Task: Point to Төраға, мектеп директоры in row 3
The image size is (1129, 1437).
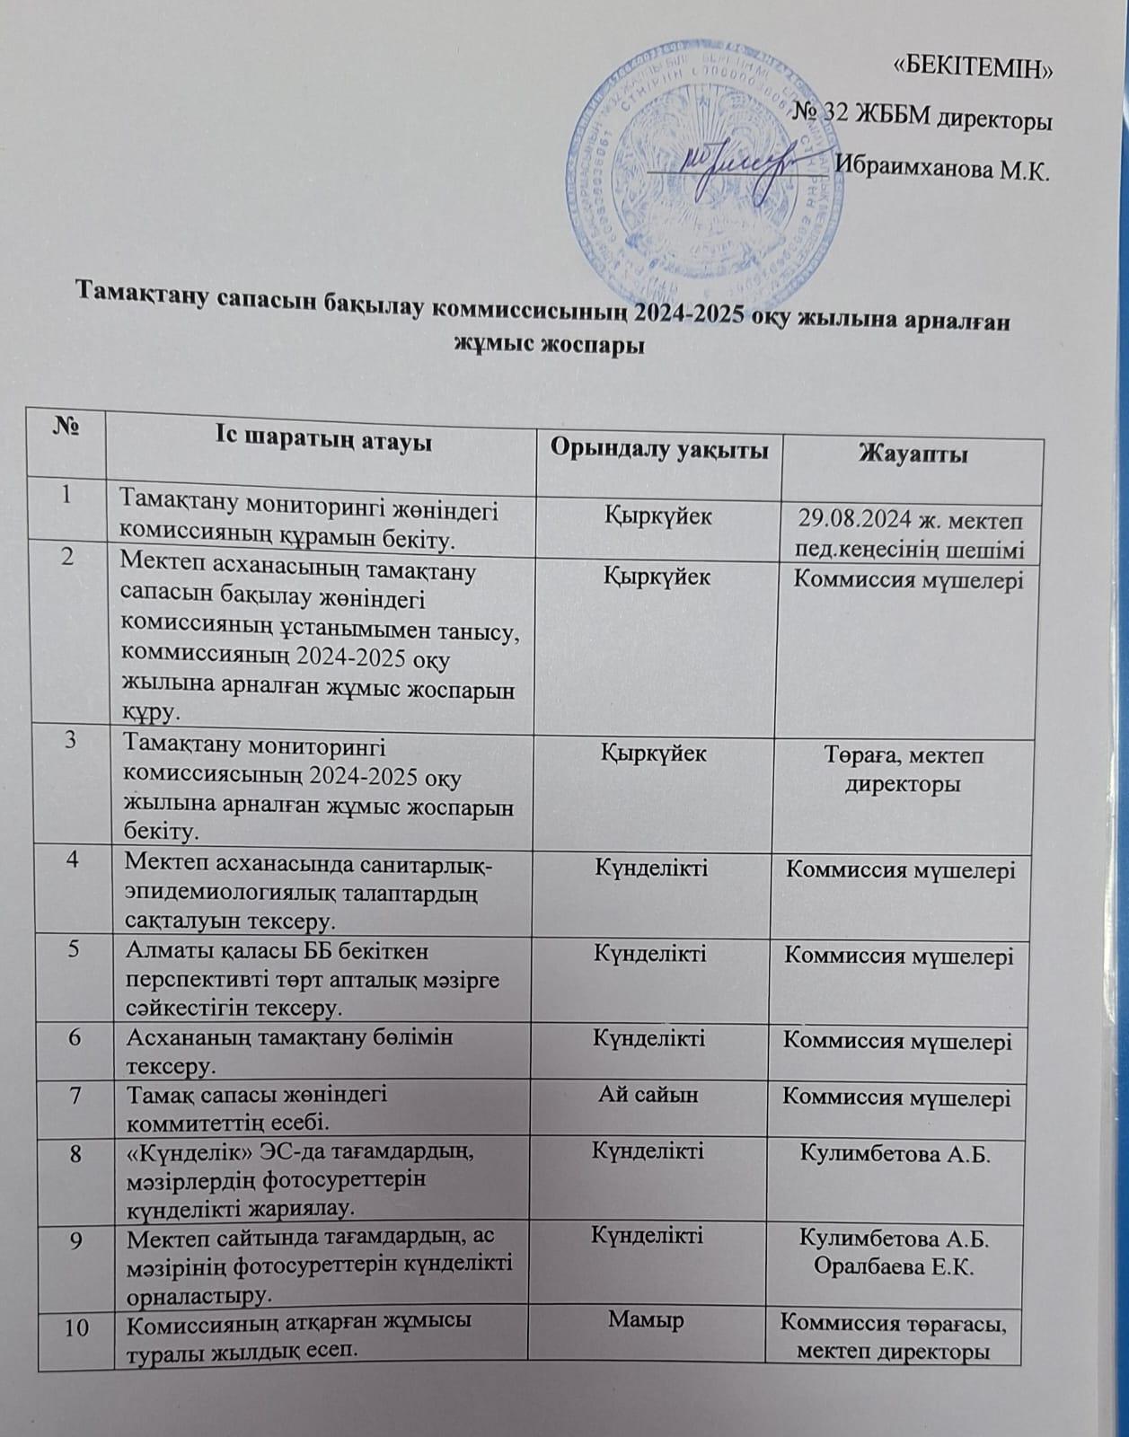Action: click(x=904, y=770)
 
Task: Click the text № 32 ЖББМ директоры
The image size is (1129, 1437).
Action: click(x=924, y=118)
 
